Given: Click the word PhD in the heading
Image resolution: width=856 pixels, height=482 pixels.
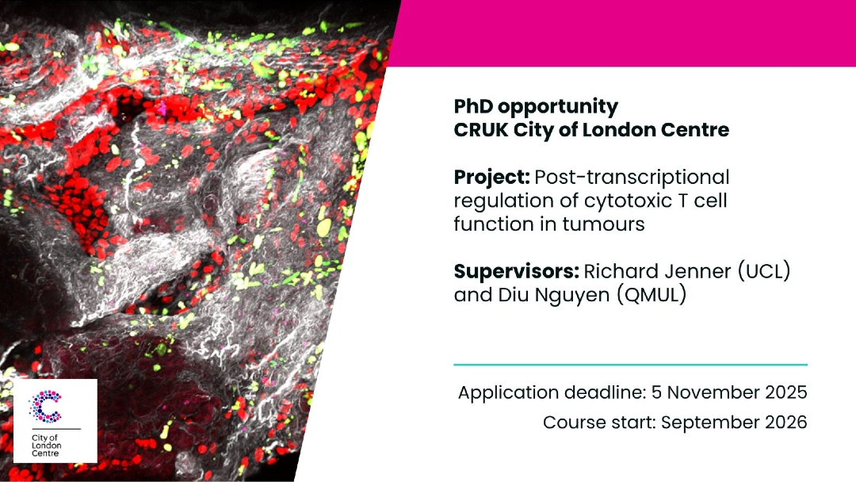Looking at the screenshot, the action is coord(472,106).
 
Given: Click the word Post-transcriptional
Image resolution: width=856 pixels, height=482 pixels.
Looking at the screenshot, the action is coord(632,178).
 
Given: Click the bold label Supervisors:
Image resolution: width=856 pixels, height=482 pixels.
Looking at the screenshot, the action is coord(517,272).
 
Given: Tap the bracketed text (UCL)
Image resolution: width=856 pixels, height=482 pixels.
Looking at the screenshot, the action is coord(764,271).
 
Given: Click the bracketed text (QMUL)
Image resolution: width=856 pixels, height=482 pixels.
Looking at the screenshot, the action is coord(652,296).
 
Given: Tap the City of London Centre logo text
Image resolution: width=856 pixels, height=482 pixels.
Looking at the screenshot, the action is coord(47,446).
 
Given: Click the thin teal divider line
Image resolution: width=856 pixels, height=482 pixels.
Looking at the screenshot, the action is coord(631,364).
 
